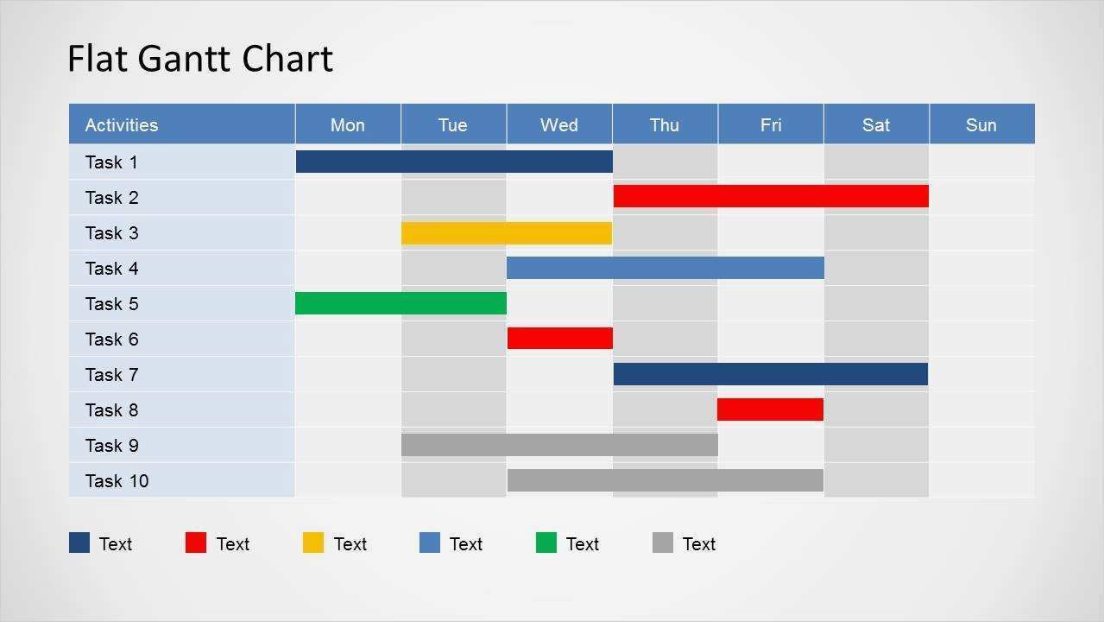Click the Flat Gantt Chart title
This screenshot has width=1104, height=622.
click(x=200, y=59)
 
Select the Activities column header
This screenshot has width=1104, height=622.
click(x=122, y=125)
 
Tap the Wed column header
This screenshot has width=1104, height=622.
click(x=558, y=125)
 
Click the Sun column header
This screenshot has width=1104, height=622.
click(x=981, y=125)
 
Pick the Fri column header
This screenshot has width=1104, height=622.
click(x=770, y=125)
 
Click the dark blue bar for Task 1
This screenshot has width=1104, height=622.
click(x=454, y=162)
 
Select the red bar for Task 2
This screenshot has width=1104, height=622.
click(x=771, y=196)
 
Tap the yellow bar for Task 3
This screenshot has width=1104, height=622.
click(x=507, y=232)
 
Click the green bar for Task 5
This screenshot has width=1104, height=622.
click(x=401, y=303)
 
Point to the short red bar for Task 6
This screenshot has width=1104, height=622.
click(x=560, y=338)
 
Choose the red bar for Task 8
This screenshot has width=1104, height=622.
click(x=770, y=409)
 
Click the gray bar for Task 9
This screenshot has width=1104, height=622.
click(x=559, y=445)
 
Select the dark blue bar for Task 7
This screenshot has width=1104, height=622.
click(x=771, y=374)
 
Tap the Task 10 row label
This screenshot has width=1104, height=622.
click(x=117, y=481)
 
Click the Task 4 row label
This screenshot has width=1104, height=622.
click(x=111, y=269)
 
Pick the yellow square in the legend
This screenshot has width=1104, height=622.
click(x=313, y=543)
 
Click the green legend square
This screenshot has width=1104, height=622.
click(x=546, y=543)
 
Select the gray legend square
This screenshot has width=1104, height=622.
click(x=663, y=543)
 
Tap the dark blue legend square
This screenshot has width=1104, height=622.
click(x=79, y=543)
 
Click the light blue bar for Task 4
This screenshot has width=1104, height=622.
click(x=665, y=268)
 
